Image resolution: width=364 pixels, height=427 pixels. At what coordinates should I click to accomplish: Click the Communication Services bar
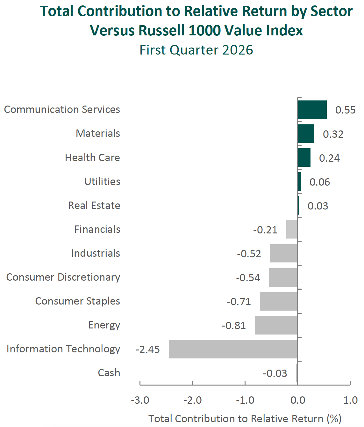point(312,110)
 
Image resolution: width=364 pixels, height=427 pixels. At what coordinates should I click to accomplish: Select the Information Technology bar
point(233,349)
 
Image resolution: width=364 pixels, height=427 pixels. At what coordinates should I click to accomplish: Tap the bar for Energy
point(276,325)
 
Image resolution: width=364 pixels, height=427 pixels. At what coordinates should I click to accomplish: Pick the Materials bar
point(306,134)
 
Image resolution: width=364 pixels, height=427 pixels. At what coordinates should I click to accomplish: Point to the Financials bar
point(292,229)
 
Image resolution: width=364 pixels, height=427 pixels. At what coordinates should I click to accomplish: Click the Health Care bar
point(304,158)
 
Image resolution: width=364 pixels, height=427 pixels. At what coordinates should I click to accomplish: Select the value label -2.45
point(148,350)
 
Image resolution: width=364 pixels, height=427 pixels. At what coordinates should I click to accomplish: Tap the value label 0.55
point(345,110)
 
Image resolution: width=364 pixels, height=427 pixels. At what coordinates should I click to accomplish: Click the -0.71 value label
point(239,302)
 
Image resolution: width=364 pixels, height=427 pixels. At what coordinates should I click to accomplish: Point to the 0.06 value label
point(320,182)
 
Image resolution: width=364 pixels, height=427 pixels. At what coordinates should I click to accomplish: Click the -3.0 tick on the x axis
point(140,400)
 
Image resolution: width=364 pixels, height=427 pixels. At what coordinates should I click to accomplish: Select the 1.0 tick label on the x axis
point(350,400)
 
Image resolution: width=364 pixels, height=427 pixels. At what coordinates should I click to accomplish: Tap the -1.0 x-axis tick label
point(245,400)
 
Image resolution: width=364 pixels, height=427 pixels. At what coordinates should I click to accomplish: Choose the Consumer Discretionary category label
point(63,277)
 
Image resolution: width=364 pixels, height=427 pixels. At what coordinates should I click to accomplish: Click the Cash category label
point(109,373)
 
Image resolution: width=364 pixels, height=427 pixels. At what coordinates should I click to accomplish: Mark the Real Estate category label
point(94,205)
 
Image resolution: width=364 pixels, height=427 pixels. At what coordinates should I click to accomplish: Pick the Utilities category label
point(102,181)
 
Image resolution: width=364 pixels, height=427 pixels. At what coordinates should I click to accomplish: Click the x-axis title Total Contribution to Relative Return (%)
point(245,419)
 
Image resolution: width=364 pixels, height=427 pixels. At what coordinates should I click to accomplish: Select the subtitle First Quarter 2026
point(196,50)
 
